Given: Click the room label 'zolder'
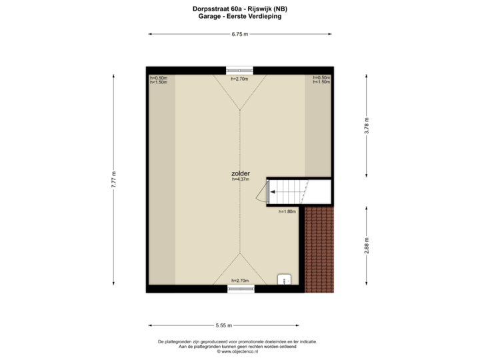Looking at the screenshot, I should click(x=240, y=173).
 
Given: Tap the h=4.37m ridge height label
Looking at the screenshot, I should click(x=240, y=179).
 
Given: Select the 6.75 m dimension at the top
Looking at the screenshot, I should click(x=240, y=33).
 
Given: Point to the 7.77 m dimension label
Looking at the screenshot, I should click(x=113, y=180).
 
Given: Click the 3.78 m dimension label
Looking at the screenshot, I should click(x=366, y=127).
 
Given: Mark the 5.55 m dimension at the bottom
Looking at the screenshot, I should click(x=223, y=325).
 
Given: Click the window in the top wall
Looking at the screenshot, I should click(x=239, y=70).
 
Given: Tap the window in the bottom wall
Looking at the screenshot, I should click(x=240, y=289).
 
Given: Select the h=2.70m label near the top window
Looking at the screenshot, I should click(x=239, y=79).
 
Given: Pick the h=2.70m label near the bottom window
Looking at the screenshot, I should click(x=240, y=281).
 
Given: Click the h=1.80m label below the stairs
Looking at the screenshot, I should click(x=287, y=211).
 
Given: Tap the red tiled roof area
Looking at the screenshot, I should click(x=320, y=250).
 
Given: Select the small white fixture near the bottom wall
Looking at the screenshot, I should click(x=285, y=280).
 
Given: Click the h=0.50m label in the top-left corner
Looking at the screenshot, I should click(x=159, y=77).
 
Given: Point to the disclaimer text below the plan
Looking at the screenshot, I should click(x=238, y=344).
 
